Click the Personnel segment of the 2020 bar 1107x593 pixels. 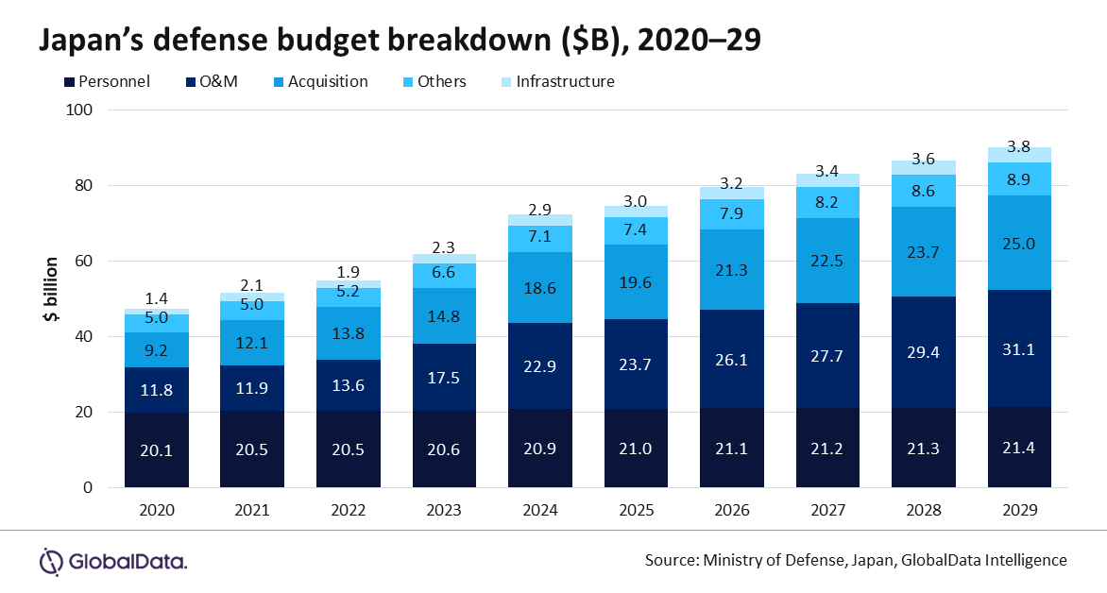[157, 449]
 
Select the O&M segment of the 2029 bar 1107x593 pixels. [1019, 348]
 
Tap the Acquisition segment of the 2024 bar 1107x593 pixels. [540, 287]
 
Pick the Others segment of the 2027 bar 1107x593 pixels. [827, 203]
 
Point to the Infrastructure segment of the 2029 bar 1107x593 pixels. [1019, 155]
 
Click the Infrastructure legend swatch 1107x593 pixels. [506, 82]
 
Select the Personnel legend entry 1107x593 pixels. [108, 82]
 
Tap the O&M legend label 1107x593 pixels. [219, 82]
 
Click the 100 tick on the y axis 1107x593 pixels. [79, 110]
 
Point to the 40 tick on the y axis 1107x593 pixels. [83, 336]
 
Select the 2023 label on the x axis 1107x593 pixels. [444, 510]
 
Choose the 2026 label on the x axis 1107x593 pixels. [731, 510]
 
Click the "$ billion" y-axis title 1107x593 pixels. [51, 290]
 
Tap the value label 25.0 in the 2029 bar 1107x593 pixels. [1019, 245]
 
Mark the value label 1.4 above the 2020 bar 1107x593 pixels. [157, 297]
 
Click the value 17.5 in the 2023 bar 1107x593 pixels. [444, 379]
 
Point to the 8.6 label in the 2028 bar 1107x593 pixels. [924, 192]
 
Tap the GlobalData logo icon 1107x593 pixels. [51, 562]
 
